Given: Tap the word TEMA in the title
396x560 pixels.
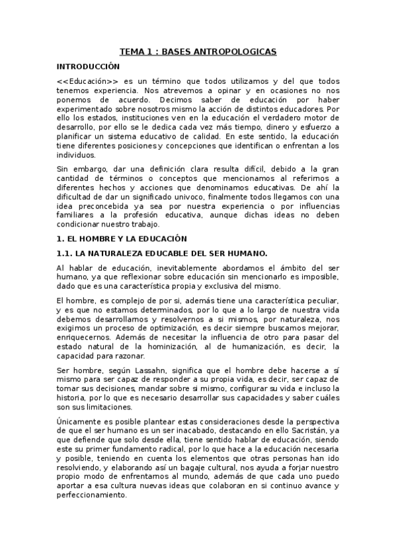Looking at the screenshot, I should tap(130, 51).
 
